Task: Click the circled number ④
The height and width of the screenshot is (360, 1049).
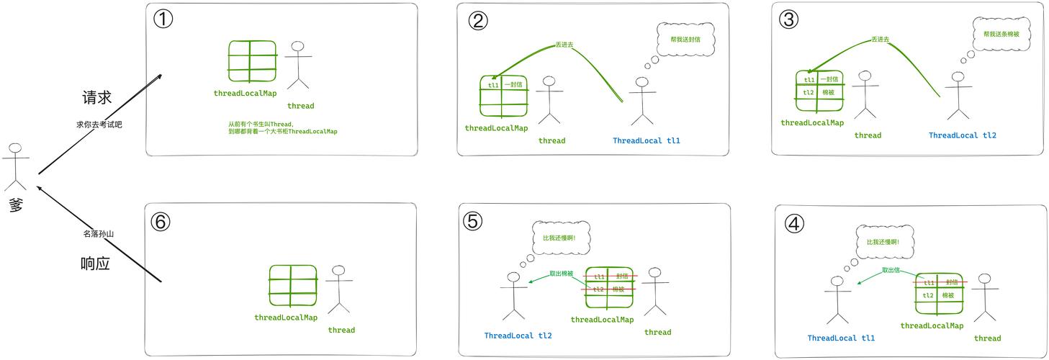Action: tap(794, 224)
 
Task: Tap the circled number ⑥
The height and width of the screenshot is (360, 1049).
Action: tap(160, 222)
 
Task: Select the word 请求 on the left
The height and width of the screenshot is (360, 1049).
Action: tap(97, 98)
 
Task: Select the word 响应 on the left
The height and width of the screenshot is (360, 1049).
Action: tap(95, 264)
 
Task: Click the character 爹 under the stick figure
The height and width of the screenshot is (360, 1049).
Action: tap(16, 204)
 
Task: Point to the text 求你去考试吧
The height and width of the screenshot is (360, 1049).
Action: tap(99, 125)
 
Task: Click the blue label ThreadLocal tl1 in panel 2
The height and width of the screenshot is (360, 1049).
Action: tap(646, 141)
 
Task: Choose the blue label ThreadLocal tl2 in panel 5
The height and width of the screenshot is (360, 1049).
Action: tap(518, 336)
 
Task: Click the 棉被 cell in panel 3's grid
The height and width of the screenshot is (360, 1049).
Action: tap(828, 93)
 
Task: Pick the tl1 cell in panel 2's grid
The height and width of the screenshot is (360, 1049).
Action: tap(493, 85)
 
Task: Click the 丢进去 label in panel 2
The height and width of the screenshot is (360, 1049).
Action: tap(564, 45)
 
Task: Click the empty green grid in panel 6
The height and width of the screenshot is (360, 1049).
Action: tap(293, 286)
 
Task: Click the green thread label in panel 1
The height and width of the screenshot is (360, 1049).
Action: tap(300, 106)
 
